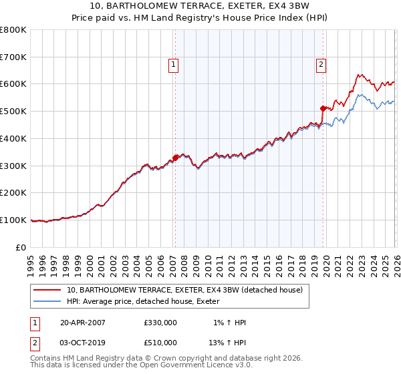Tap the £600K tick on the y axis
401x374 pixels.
(13, 84)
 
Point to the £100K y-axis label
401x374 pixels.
(13, 220)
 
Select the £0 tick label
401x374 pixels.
(22, 247)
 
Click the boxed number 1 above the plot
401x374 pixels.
(173, 65)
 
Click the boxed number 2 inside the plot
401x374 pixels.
(321, 65)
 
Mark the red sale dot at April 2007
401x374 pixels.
(176, 158)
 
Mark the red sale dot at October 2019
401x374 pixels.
(323, 108)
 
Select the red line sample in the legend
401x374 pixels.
(48, 290)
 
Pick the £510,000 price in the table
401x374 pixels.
(160, 342)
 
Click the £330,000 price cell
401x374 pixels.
(160, 323)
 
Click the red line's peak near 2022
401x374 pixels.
(359, 74)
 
